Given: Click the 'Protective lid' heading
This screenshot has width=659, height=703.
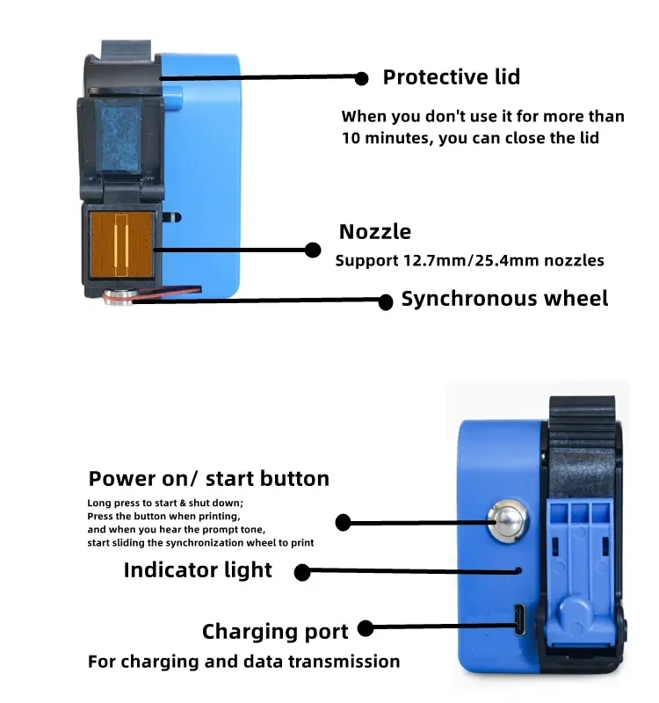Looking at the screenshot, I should coord(451,77).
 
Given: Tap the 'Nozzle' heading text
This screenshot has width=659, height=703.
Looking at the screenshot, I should coord(375,232).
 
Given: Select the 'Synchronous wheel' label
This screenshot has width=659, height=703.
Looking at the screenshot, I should coord(504,299).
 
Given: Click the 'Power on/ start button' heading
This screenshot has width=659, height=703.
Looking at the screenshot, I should coord(208,479).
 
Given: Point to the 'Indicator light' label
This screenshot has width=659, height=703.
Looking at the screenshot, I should coord(198,570).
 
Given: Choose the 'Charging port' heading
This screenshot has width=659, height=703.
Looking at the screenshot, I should coord(275,632).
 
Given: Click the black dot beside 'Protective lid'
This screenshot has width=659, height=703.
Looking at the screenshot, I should coord(361,78).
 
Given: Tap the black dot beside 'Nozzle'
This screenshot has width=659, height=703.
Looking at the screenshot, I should coord(312,250).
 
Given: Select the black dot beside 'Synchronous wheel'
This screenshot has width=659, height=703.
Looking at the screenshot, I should coord(385,301).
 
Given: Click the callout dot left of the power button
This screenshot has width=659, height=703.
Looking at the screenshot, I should coord(344,523).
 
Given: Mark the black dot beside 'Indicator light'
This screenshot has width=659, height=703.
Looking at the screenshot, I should coord(302,572).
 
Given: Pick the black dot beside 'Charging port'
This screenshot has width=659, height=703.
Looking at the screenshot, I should coord(366,628).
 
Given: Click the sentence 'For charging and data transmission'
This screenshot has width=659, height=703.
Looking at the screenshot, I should coord(243,662).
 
